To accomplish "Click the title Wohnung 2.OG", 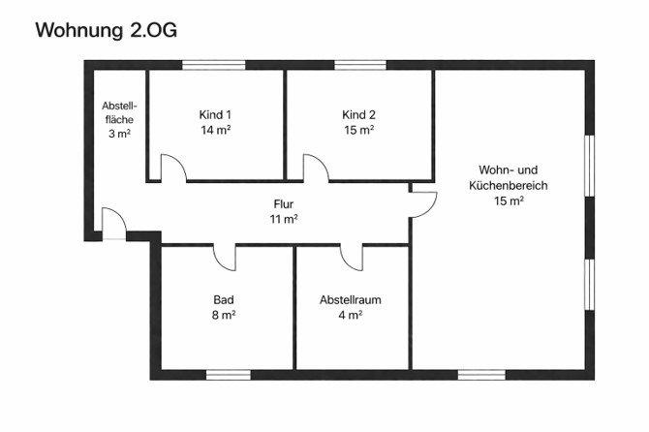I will [x=106, y=30].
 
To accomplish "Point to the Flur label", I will [x=283, y=204].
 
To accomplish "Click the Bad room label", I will [x=224, y=299].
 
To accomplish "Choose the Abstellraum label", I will [x=350, y=299].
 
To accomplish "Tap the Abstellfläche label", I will [x=119, y=112].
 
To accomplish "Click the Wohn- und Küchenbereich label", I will [x=509, y=176].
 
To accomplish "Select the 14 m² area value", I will [x=215, y=129].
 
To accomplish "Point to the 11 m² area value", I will [x=283, y=219].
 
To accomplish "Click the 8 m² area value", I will [x=224, y=315].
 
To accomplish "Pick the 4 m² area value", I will [x=350, y=315].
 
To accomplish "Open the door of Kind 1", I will [x=173, y=169].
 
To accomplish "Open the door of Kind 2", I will [x=316, y=168].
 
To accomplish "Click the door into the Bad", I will [x=225, y=256].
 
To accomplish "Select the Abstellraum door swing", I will [x=351, y=256].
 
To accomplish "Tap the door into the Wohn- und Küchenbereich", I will [x=423, y=201].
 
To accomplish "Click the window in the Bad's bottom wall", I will [x=229, y=374].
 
